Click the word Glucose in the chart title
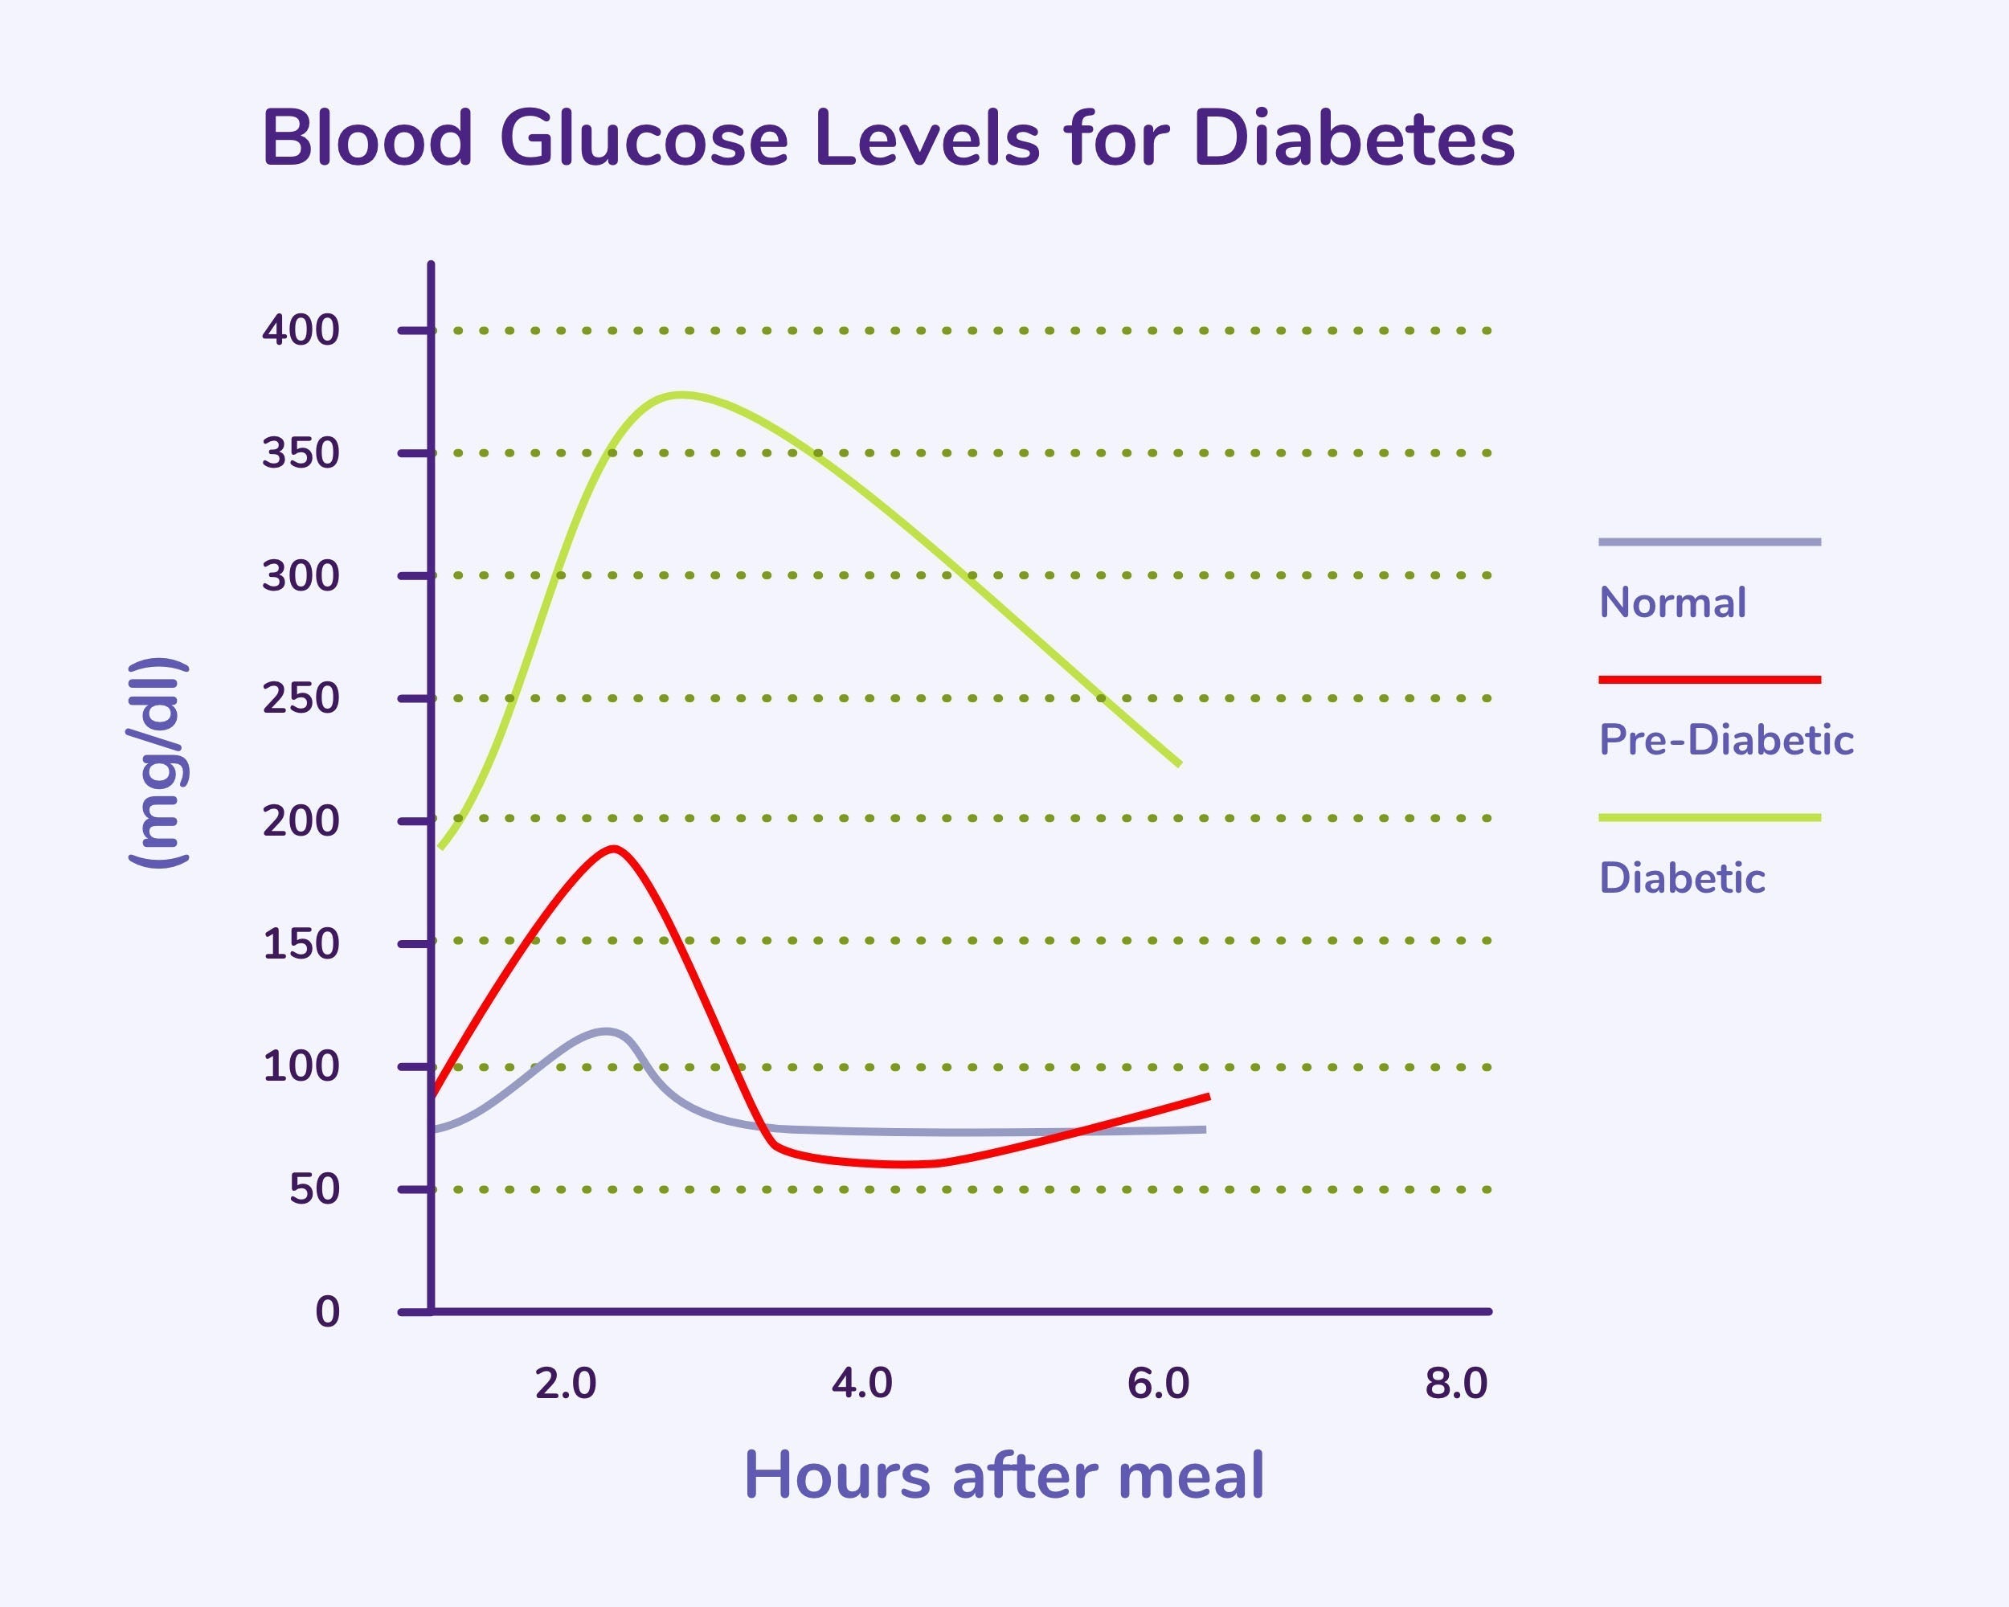tap(644, 140)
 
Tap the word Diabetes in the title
tap(1353, 140)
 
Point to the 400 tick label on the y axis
tap(300, 331)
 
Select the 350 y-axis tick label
tap(300, 454)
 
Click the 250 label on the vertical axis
tap(300, 699)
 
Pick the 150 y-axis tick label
tap(300, 943)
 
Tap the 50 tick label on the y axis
tap(314, 1190)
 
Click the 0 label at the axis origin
tap(327, 1311)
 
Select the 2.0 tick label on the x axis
tap(566, 1384)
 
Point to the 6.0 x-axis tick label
tap(1158, 1384)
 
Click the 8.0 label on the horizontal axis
tap(1455, 1384)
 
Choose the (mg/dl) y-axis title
tap(158, 762)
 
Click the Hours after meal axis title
tap(1004, 1476)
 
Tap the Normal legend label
tap(1672, 603)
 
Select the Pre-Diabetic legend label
tap(1725, 741)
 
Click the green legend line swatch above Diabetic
tap(1709, 818)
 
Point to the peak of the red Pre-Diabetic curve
tap(613, 848)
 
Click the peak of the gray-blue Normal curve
tap(607, 1031)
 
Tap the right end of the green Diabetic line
tap(1179, 764)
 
